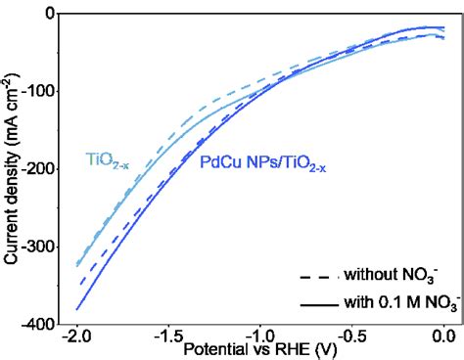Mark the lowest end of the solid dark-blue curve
[77, 309]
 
